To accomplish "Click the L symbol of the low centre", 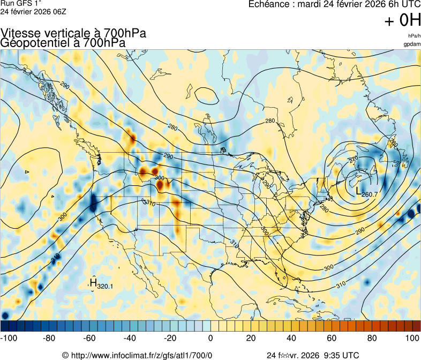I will click(x=359, y=191).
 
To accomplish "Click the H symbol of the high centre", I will click(x=93, y=282).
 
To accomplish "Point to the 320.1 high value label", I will click(x=105, y=287).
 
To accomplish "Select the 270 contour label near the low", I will click(x=354, y=160).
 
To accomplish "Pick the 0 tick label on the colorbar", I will click(x=210, y=338).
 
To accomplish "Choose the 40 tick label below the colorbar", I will click(x=291, y=338).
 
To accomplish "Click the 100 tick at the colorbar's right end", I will click(x=412, y=338).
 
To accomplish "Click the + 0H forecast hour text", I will click(x=402, y=21).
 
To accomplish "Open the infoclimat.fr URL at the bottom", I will click(x=142, y=355).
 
